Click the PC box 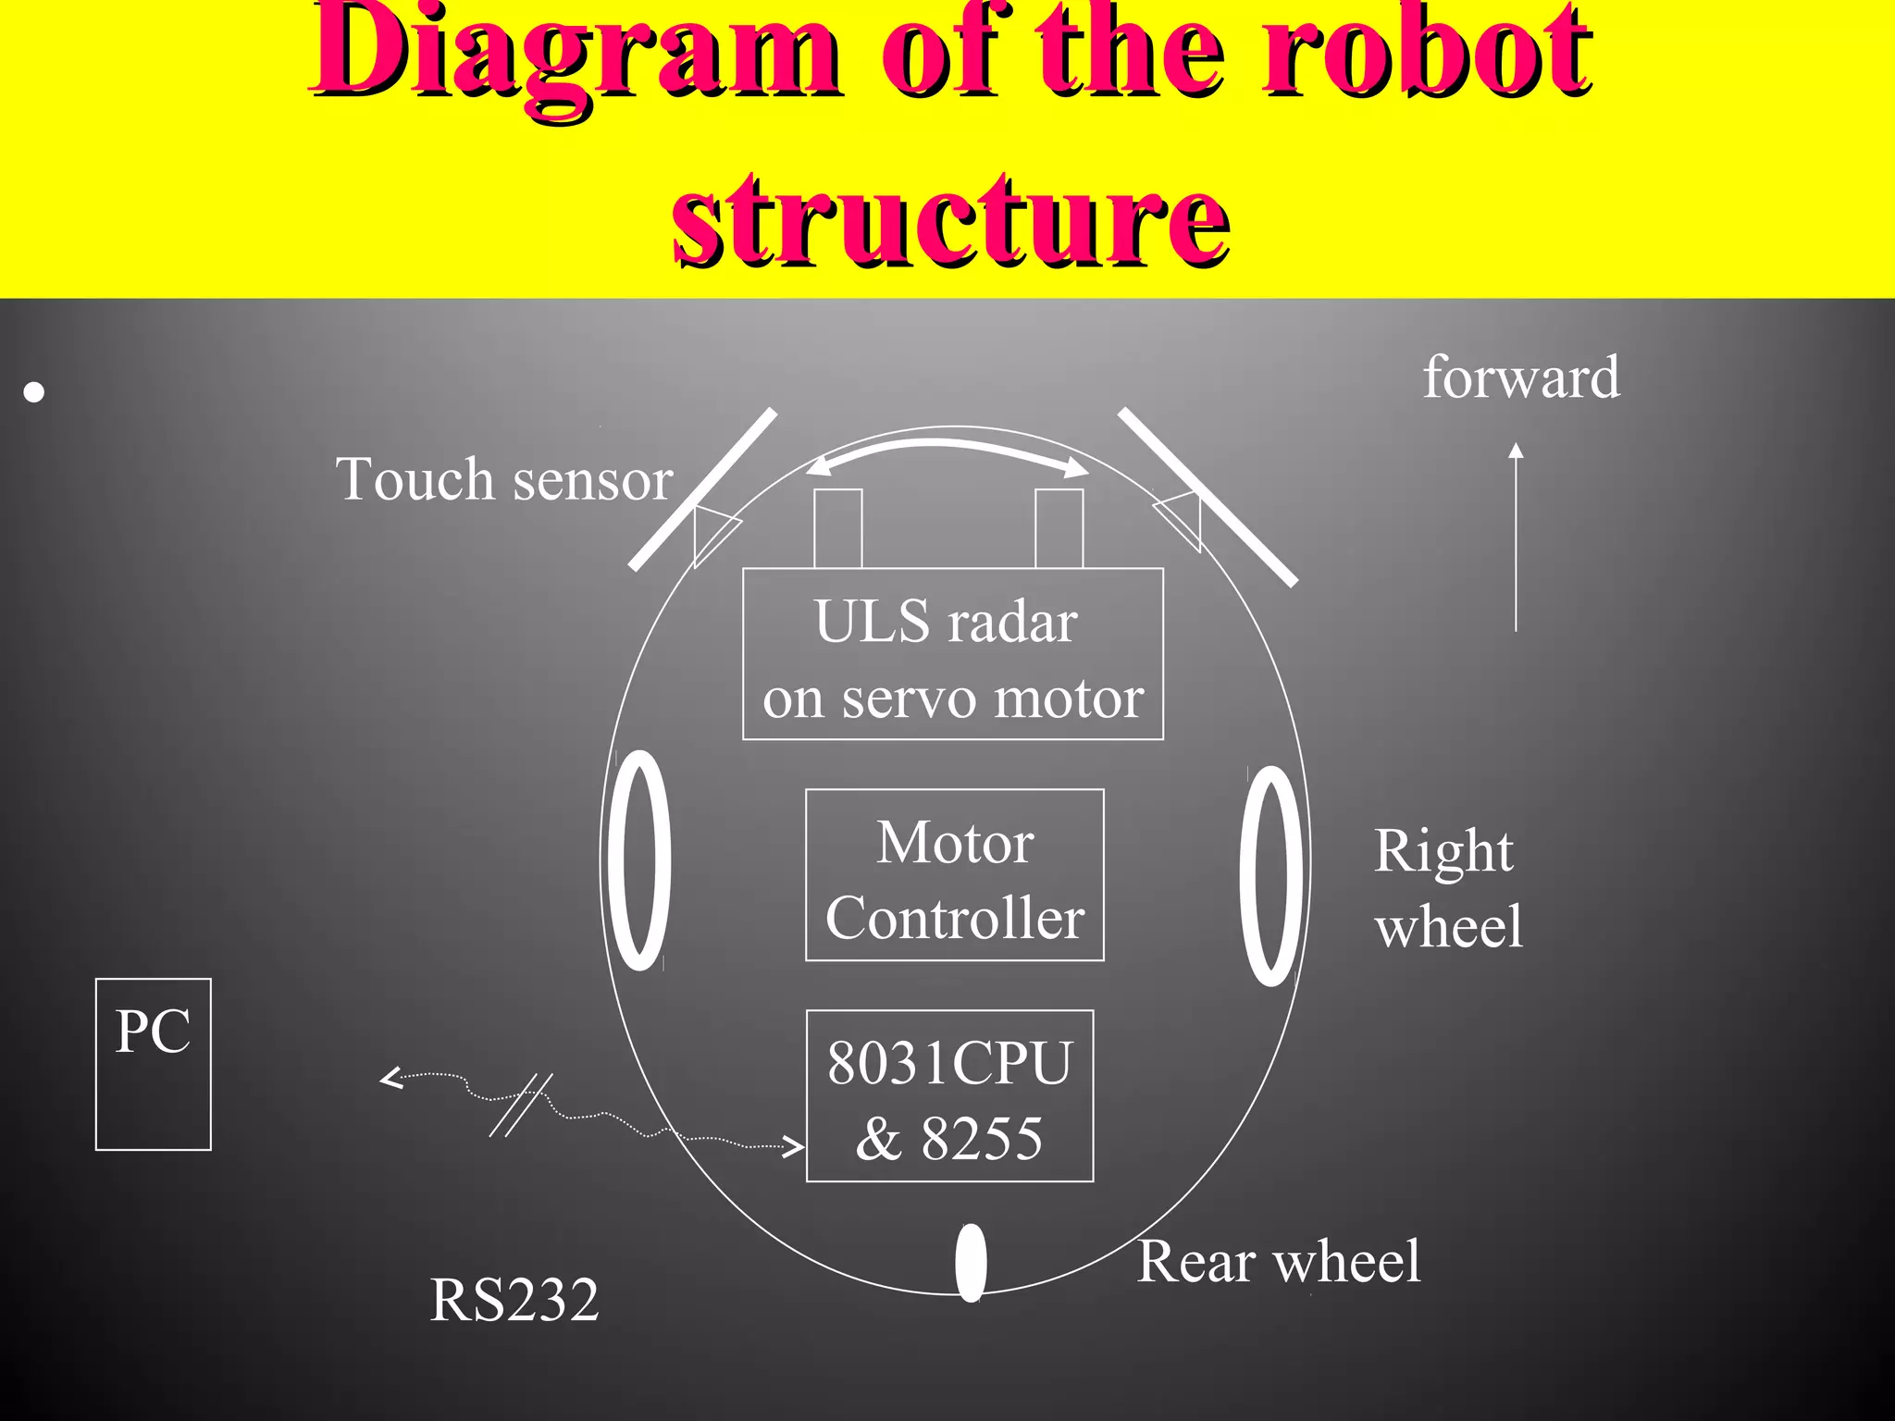154,1064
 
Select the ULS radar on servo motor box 953,654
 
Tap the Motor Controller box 954,875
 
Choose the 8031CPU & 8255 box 949,1096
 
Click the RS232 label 514,1300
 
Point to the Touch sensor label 504,479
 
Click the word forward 1521,377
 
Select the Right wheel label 1448,888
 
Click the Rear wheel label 1279,1261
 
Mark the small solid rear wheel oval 971,1262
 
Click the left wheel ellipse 639,860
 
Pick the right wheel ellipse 1271,875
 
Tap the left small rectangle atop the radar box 838,528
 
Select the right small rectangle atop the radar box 1059,528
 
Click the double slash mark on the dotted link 521,1105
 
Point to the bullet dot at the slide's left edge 34,393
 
